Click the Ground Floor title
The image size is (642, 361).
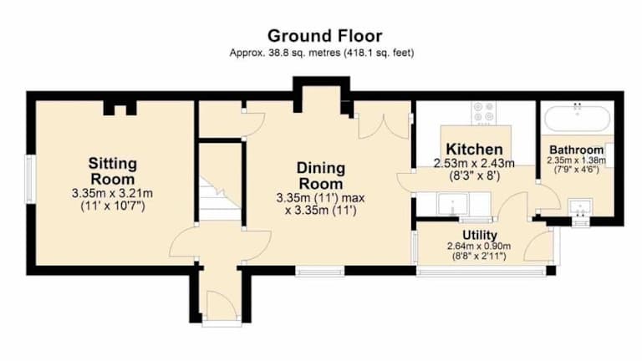click(324, 36)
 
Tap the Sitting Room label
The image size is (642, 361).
click(113, 171)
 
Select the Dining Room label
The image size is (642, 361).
click(321, 175)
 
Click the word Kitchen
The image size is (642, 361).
click(474, 149)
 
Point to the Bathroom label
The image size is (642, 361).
click(577, 150)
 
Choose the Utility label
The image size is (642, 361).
click(480, 236)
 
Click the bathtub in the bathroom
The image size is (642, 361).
click(578, 119)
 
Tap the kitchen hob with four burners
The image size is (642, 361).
click(483, 113)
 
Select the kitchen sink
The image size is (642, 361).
click(452, 204)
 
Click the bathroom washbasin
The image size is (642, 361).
click(580, 208)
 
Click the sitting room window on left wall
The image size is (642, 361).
click(29, 179)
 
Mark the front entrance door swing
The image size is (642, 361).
click(221, 305)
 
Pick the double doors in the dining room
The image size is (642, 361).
click(384, 126)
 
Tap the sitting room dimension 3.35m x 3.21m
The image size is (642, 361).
click(112, 193)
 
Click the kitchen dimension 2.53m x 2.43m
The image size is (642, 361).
click(474, 164)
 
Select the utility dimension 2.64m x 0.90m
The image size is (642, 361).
click(479, 247)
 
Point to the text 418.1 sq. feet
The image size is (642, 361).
click(379, 53)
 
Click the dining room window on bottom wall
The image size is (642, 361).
click(320, 271)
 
